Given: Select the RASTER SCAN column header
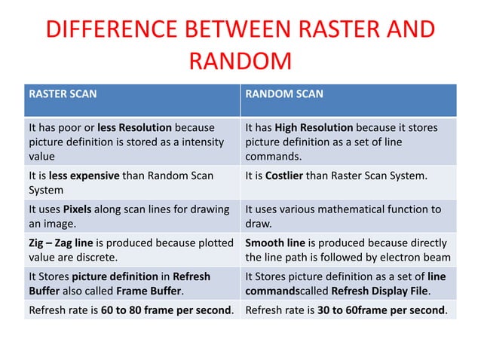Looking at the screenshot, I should click(63, 94).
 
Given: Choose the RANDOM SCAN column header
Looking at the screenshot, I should click(284, 94).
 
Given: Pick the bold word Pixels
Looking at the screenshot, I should click(77, 209).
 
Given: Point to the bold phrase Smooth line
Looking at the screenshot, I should click(276, 243).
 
